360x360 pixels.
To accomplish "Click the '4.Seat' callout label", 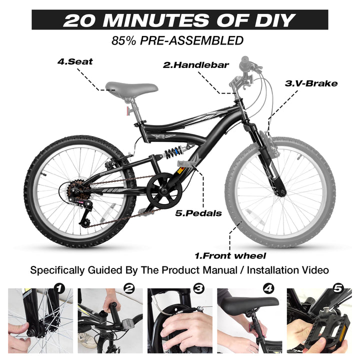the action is (75, 61).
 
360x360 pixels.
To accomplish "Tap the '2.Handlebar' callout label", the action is (196, 65).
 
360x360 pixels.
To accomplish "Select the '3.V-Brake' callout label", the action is (311, 83).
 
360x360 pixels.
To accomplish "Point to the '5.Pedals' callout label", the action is (198, 213).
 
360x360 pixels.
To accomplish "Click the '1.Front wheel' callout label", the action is (230, 256).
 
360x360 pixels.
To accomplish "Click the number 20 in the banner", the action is (79, 20).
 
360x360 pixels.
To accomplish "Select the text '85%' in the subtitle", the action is (124, 40).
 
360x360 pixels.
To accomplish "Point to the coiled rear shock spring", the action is (174, 151).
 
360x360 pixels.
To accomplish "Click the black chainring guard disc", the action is (164, 191).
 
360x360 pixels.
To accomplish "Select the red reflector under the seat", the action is (127, 110).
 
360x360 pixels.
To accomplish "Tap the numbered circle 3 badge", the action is (199, 288).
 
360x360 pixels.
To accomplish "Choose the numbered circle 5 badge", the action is (338, 288).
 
